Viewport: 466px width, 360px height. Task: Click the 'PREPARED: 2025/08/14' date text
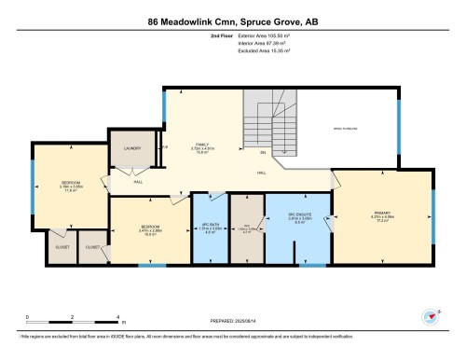233,316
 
